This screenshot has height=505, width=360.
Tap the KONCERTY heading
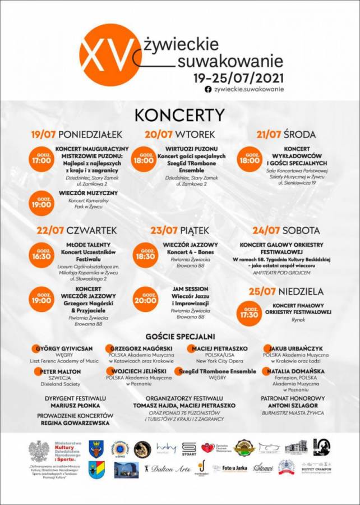tap(179, 115)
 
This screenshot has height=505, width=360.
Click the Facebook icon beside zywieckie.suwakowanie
tap(208, 89)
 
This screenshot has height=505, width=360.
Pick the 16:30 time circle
tap(41, 254)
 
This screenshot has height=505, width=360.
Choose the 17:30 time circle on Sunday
tap(250, 314)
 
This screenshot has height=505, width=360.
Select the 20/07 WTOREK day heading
tap(179, 135)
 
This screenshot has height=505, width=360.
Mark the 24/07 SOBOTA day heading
tap(286, 231)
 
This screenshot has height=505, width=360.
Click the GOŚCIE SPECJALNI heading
tap(179, 337)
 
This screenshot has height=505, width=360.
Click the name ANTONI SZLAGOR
tap(293, 406)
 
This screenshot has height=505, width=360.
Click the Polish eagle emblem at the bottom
tap(39, 451)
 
